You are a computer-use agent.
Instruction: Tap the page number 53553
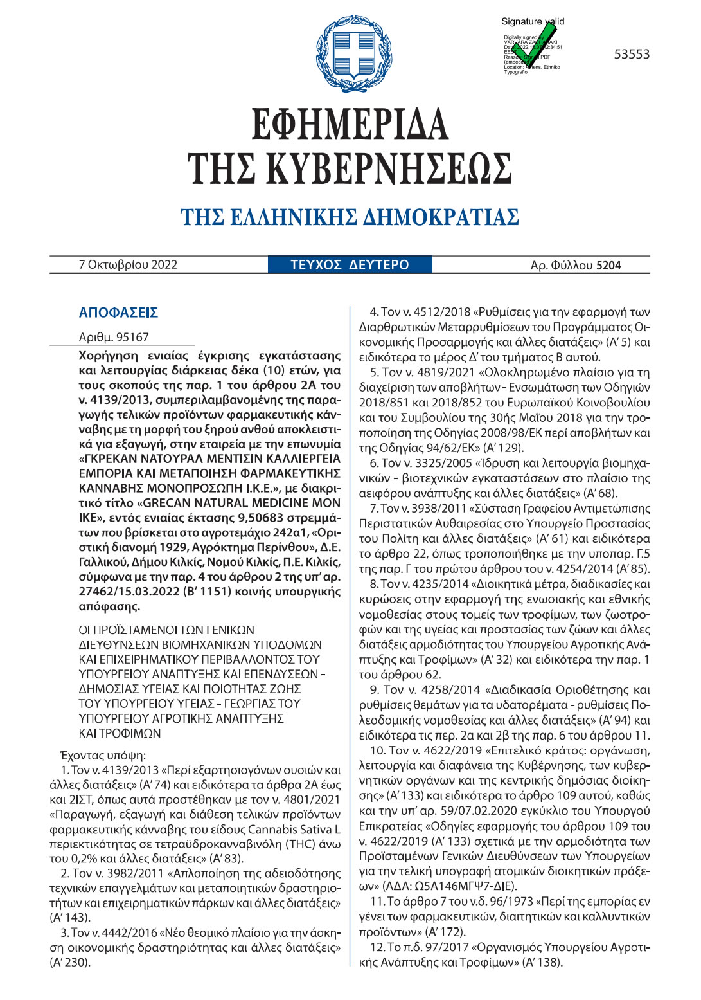coord(632,55)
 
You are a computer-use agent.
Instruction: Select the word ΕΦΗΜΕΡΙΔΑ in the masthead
coord(350,123)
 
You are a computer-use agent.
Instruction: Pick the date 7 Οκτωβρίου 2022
coord(128,264)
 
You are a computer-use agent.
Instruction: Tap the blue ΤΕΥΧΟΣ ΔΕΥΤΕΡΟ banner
coord(350,264)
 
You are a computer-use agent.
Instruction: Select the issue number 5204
coord(608,265)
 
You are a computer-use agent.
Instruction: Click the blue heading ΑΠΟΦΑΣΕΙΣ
coord(118,313)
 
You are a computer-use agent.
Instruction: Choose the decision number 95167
coord(132,337)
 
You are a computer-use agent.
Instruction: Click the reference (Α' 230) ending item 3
coord(70,962)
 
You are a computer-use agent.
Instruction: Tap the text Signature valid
coord(533,21)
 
